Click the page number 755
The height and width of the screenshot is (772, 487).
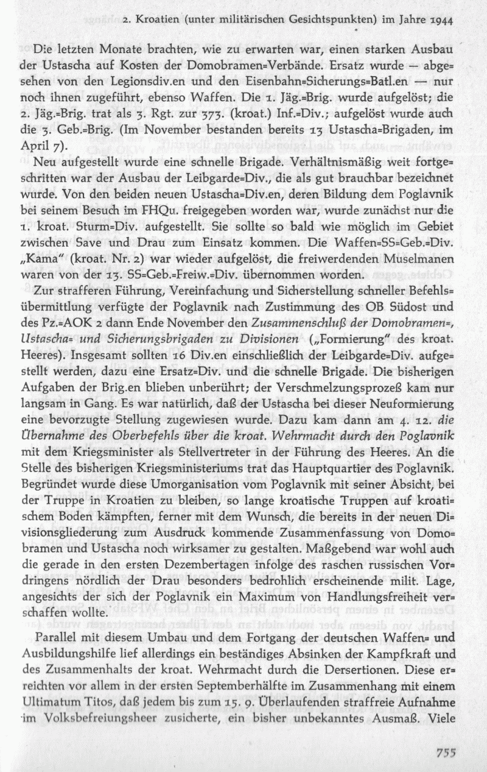[446, 753]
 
